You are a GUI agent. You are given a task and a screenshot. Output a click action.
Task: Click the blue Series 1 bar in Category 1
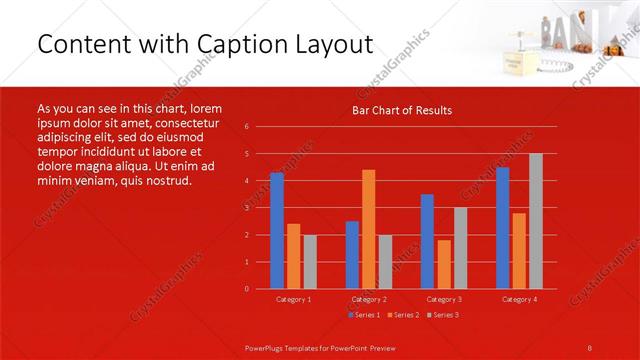click(277, 231)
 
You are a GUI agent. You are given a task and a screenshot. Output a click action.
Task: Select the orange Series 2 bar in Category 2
click(369, 229)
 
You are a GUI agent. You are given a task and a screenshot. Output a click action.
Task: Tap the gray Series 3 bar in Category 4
click(536, 221)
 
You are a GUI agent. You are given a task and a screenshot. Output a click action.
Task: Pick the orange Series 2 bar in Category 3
click(444, 264)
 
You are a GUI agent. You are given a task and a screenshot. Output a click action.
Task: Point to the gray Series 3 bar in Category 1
click(310, 262)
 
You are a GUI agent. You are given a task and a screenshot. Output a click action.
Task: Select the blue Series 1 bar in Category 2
click(352, 255)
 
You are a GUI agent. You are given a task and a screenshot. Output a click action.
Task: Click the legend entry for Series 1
click(364, 315)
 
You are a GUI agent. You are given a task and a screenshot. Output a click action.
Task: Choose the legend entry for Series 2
click(402, 315)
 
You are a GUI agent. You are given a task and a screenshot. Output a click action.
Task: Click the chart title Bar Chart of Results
click(402, 110)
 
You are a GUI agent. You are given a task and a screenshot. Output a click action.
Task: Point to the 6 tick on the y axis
click(246, 127)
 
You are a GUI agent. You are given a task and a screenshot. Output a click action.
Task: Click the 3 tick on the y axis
click(246, 208)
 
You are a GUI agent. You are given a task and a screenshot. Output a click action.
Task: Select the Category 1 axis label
click(293, 299)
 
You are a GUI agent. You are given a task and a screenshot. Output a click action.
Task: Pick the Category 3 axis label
click(444, 299)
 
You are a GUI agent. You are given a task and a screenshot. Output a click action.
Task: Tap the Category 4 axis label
click(519, 299)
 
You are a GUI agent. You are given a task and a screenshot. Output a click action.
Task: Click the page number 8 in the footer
click(590, 346)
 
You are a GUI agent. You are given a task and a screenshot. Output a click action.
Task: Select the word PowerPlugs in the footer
click(267, 346)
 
